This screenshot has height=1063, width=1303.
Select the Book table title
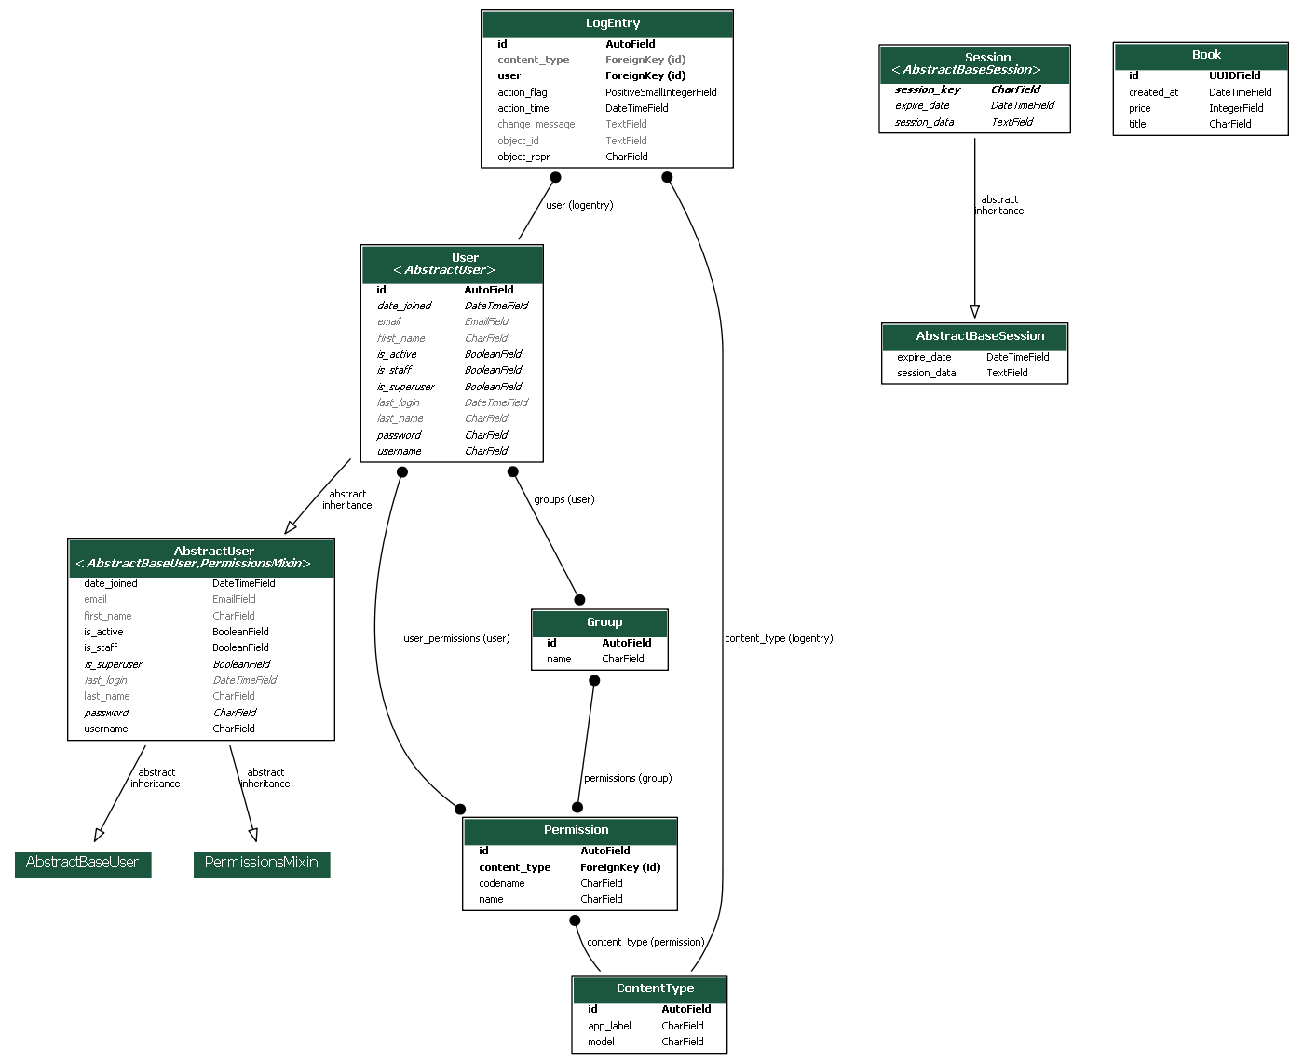1205,55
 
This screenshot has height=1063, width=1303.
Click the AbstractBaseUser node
82,863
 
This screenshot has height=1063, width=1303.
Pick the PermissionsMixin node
262,863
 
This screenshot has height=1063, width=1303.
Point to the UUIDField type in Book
1234,75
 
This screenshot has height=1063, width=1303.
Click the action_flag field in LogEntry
523,92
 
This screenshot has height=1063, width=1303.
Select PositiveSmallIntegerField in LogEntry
660,92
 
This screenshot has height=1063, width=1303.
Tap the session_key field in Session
927,89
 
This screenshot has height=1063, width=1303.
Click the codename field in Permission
502,883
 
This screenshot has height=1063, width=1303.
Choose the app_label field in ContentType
609,1026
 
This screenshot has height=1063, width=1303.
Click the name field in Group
559,659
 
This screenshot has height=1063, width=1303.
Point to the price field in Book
1139,108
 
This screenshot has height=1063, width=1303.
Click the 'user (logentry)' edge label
579,205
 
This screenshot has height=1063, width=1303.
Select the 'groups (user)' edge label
563,499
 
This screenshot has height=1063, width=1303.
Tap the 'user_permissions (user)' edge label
456,638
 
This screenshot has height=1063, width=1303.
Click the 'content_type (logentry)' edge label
779,638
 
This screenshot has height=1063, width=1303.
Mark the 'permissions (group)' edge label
628,778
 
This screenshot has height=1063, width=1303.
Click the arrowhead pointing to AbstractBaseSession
974,311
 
